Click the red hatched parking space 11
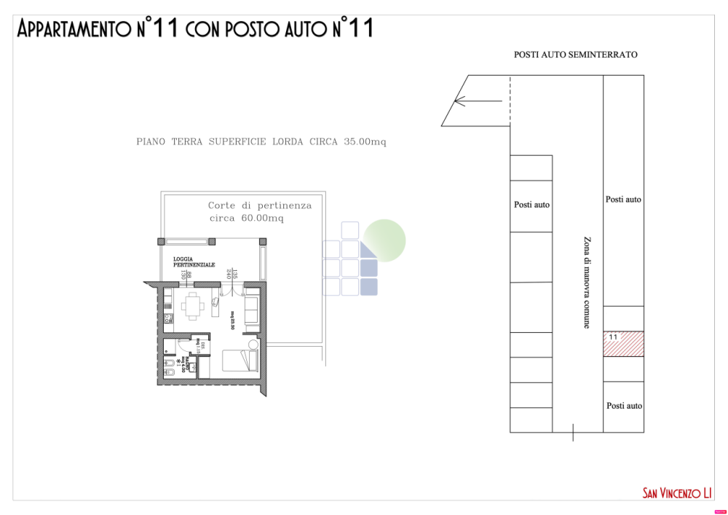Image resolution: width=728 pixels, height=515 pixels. pyautogui.click(x=624, y=344)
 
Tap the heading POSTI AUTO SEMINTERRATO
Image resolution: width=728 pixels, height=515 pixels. pyautogui.click(x=575, y=55)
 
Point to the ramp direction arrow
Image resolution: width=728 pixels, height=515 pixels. pyautogui.click(x=476, y=101)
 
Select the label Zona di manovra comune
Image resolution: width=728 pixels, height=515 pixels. pyautogui.click(x=586, y=282)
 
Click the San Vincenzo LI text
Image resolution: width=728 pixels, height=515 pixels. pyautogui.click(x=676, y=493)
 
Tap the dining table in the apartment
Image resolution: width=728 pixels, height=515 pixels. pyautogui.click(x=193, y=306)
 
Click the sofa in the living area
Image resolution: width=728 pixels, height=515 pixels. pyautogui.click(x=251, y=307)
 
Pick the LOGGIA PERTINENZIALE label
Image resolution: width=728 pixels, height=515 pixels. pyautogui.click(x=194, y=262)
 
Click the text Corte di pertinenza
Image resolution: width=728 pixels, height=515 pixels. pyautogui.click(x=260, y=205)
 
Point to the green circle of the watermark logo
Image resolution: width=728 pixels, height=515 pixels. pyautogui.click(x=384, y=240)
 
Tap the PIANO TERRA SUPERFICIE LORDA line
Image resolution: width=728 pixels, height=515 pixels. pyautogui.click(x=261, y=142)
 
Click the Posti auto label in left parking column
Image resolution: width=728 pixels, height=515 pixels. pyautogui.click(x=531, y=205)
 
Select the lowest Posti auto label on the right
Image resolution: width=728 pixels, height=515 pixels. pyautogui.click(x=624, y=406)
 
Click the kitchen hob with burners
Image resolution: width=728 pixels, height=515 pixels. pyautogui.click(x=167, y=318)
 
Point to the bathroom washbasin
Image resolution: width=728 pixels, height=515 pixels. pyautogui.click(x=169, y=362)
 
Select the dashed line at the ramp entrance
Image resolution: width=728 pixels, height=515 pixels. pyautogui.click(x=510, y=101)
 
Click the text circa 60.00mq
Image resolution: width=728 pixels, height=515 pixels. pyautogui.click(x=246, y=219)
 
